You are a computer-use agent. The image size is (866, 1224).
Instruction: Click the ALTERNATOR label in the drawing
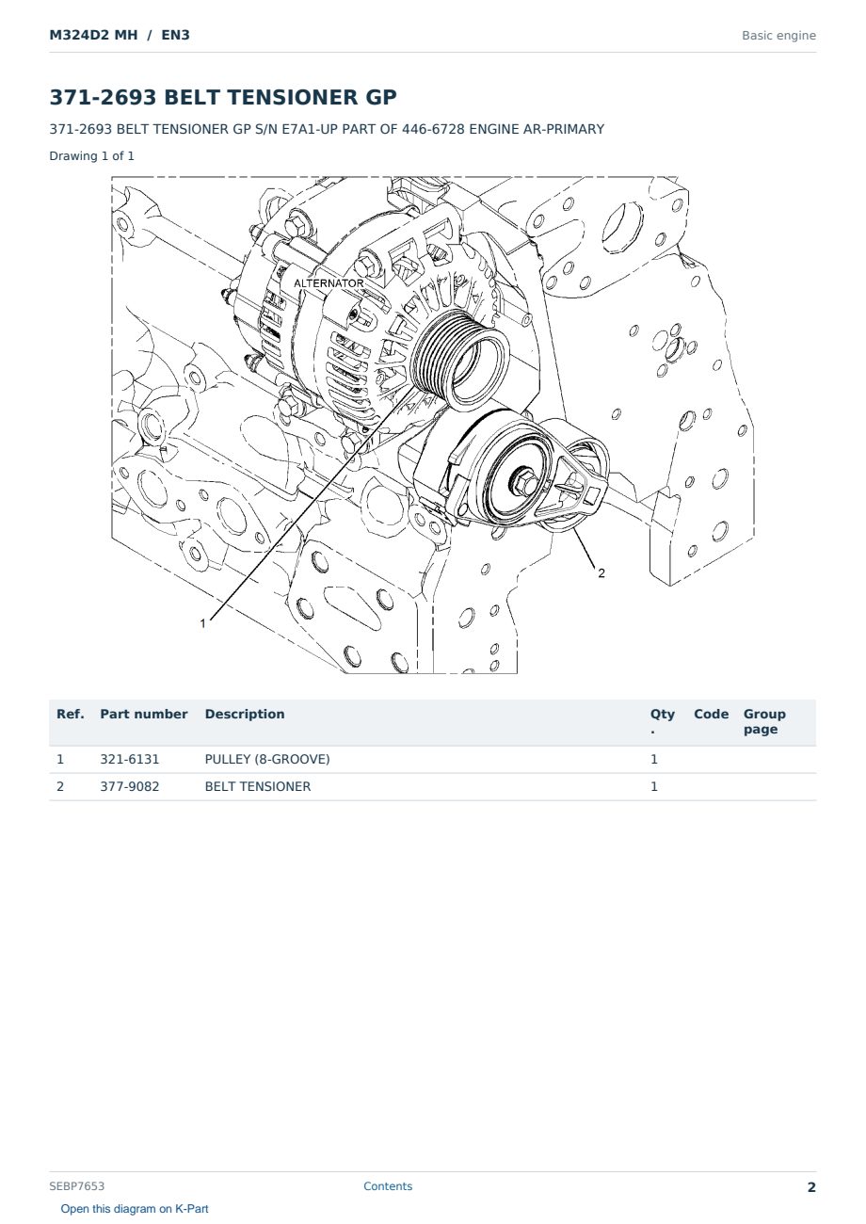coord(329,283)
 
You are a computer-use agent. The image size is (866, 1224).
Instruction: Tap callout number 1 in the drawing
coord(202,623)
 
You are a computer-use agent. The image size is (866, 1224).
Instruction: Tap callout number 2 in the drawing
coord(601,573)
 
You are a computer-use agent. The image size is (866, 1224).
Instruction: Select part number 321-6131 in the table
coord(130,759)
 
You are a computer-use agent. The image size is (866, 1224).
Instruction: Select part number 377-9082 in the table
coord(130,786)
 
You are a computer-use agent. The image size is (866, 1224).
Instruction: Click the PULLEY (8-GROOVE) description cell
coord(267,759)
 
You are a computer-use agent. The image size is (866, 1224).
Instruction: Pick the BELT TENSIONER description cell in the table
coord(258,786)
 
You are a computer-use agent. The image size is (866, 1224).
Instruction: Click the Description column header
coord(245,715)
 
